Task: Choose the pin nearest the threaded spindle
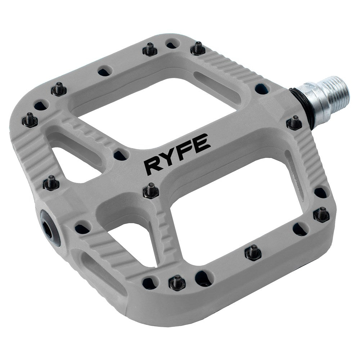point(294,123)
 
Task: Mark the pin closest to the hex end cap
point(51,183)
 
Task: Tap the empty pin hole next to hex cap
point(81,228)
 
